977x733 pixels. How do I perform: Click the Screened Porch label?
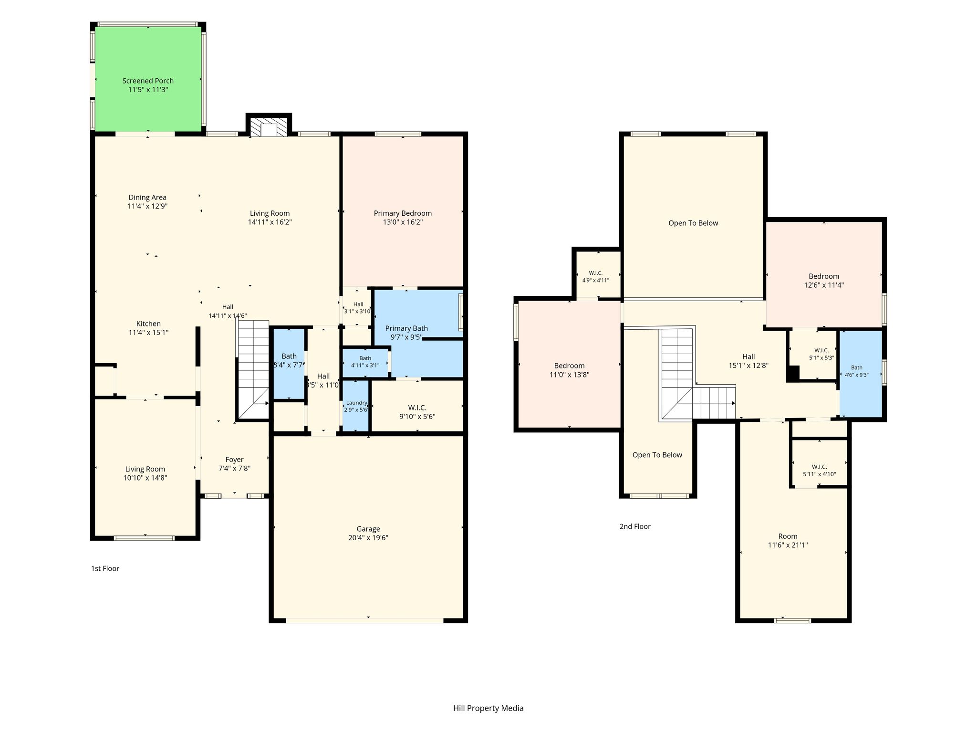click(x=148, y=81)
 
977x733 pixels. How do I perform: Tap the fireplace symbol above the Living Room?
click(x=269, y=126)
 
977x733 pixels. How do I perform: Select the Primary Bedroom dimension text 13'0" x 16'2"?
click(x=403, y=222)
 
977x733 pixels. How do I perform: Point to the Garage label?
click(x=368, y=529)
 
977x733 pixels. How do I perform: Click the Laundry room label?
click(x=356, y=403)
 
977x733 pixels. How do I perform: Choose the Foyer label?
click(x=234, y=460)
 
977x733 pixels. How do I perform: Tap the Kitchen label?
click(x=148, y=324)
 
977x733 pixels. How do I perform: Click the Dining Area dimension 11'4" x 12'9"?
click(x=147, y=206)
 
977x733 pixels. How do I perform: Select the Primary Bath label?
click(x=406, y=328)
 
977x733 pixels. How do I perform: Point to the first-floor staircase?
click(x=253, y=370)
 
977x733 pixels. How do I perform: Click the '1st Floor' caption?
click(x=105, y=568)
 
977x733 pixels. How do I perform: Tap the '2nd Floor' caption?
click(x=635, y=526)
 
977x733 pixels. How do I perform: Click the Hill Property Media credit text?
click(x=488, y=708)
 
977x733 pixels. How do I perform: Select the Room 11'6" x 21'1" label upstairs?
click(x=788, y=541)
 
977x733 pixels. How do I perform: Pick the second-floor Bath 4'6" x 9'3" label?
click(x=857, y=371)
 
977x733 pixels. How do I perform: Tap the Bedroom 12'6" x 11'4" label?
click(x=824, y=281)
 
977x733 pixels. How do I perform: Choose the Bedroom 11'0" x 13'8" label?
click(x=570, y=370)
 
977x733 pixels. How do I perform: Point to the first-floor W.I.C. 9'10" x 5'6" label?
click(x=417, y=412)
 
